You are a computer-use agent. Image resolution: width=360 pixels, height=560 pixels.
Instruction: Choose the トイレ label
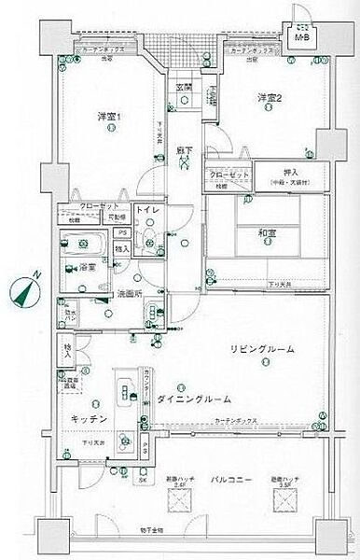tap(149, 212)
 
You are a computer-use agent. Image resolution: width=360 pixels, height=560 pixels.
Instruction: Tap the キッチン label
tap(88, 420)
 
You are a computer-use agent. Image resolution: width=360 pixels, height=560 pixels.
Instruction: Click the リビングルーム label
tap(263, 349)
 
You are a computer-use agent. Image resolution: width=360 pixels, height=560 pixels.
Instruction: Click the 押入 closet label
tap(291, 173)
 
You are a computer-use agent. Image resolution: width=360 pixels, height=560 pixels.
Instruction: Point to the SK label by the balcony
tap(143, 482)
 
